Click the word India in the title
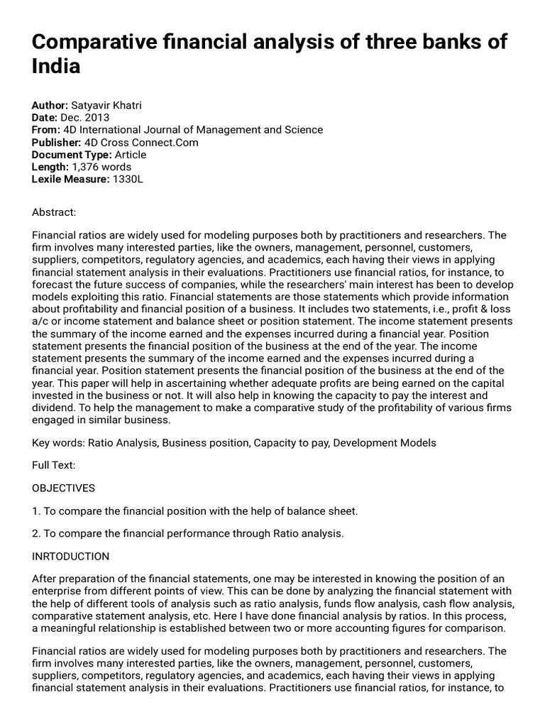[56, 67]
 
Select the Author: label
[50, 104]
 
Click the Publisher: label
[56, 143]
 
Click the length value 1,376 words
[101, 168]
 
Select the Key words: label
[58, 442]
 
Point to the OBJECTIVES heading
[64, 488]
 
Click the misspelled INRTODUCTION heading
[71, 557]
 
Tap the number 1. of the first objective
[36, 511]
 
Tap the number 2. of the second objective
[36, 534]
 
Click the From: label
[45, 130]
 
